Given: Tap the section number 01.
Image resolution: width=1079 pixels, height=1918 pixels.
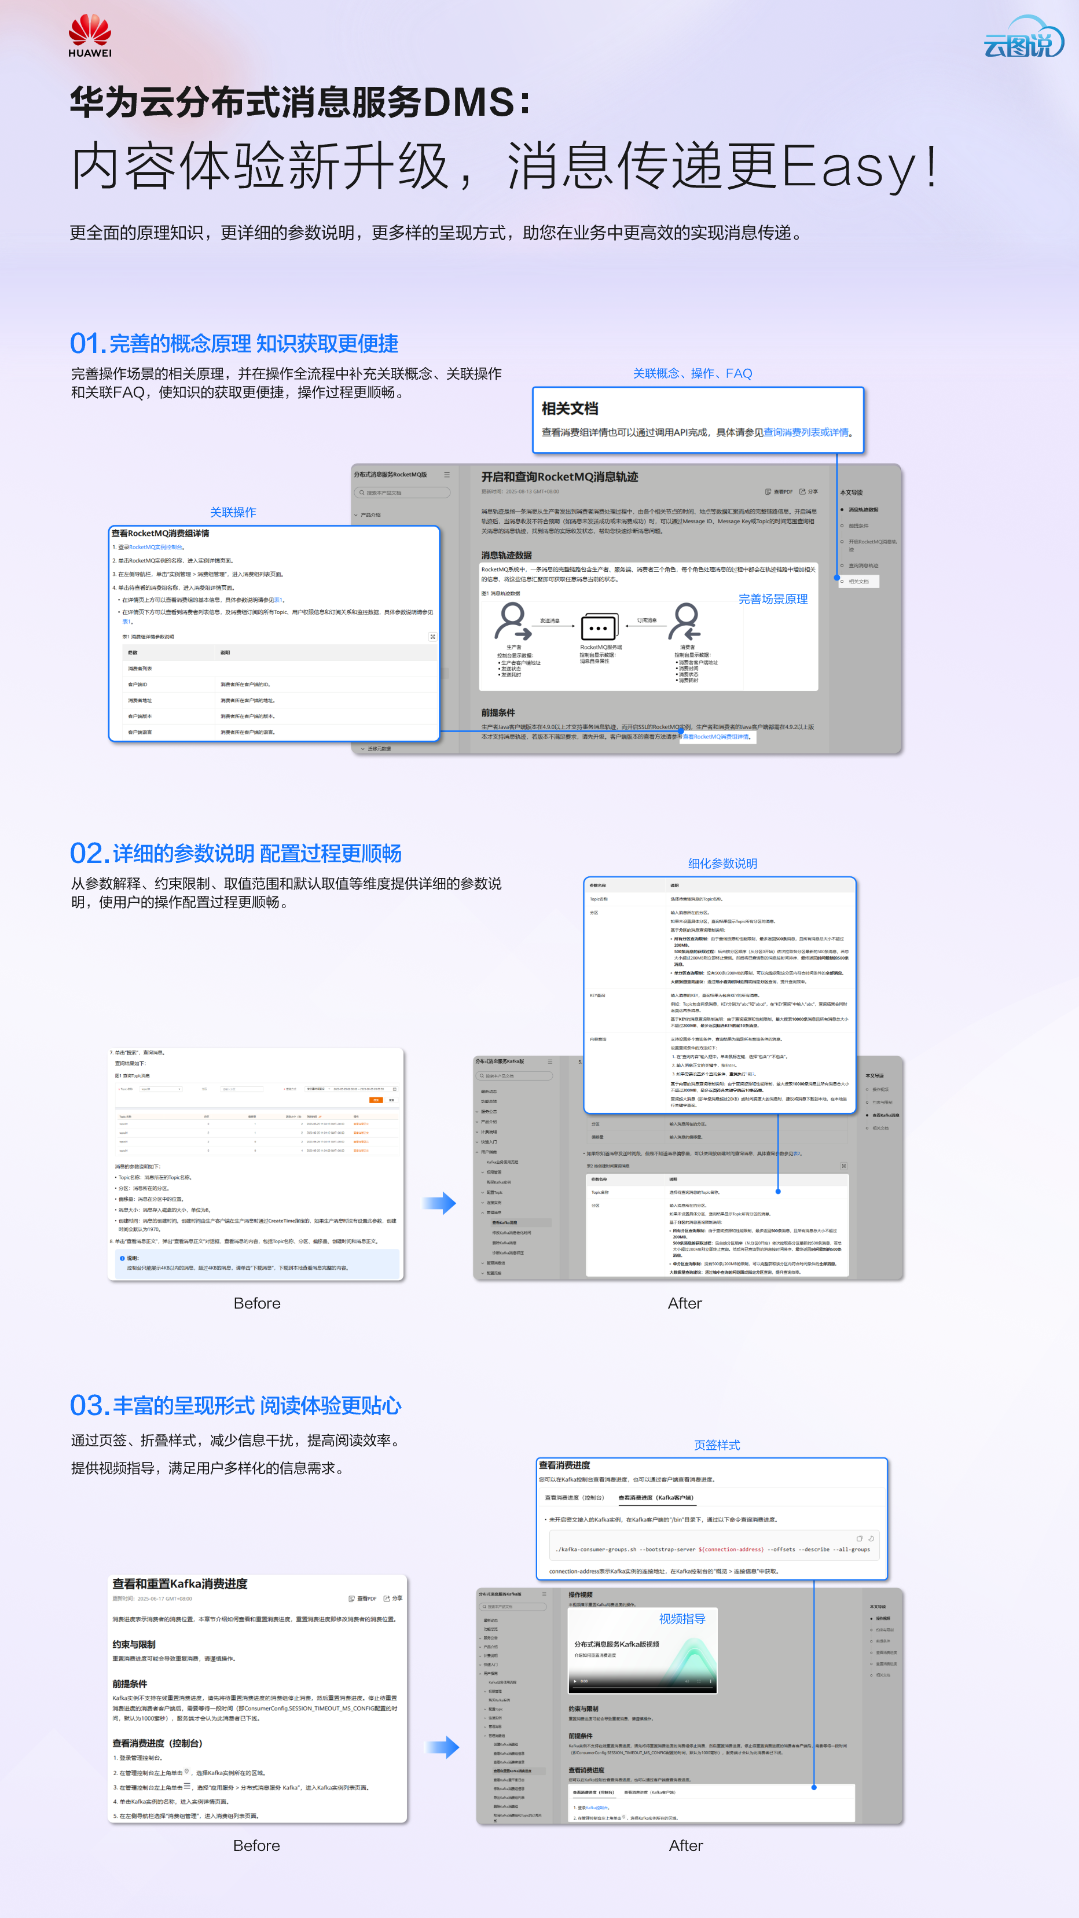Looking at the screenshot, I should click(x=87, y=344).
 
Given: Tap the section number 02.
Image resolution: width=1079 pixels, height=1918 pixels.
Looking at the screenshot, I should click(x=89, y=853).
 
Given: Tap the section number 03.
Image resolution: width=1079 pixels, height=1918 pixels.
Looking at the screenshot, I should click(x=89, y=1406).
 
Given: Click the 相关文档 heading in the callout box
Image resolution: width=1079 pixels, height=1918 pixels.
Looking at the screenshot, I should click(x=570, y=409).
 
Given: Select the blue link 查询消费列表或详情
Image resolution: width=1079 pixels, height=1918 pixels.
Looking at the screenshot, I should click(x=806, y=432).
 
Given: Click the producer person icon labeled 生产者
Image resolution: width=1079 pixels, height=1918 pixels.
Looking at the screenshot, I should click(x=512, y=621).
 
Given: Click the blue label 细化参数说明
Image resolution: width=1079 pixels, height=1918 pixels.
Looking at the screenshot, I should click(x=722, y=864).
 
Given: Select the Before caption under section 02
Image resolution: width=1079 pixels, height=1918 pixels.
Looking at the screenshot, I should click(x=257, y=1303).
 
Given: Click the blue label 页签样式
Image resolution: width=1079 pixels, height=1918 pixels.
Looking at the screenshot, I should click(x=717, y=1445).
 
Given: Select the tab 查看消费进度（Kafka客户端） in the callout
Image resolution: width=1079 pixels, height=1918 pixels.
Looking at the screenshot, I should click(x=655, y=1497).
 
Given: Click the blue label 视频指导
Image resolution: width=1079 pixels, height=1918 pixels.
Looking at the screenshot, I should click(x=681, y=1619).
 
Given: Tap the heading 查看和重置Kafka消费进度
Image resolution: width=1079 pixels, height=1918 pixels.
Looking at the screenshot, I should click(x=179, y=1583).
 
